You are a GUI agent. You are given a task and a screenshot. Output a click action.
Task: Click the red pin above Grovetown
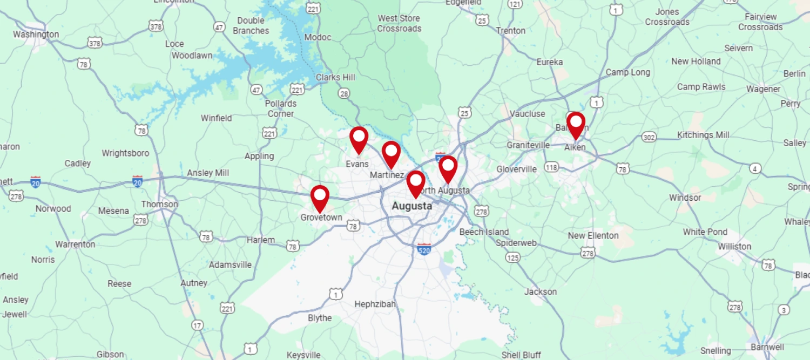(320, 197)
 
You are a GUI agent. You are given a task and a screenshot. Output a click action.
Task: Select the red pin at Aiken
(576, 124)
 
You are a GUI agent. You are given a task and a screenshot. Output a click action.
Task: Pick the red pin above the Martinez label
(391, 153)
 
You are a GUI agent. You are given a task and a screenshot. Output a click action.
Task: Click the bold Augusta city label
(411, 206)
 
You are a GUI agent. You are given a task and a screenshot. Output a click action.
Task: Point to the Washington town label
(36, 35)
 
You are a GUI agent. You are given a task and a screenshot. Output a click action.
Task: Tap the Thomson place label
(159, 204)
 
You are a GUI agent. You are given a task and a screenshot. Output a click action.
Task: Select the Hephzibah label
(375, 304)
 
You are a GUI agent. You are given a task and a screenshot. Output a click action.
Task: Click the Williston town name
(734, 246)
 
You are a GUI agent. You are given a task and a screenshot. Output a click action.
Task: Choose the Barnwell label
(767, 347)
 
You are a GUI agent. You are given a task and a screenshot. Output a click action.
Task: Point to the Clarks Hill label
(335, 77)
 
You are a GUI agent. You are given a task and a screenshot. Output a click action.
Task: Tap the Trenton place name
(510, 31)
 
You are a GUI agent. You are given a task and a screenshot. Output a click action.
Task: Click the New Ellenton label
(593, 235)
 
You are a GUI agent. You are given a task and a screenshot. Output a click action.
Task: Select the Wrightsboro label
(125, 153)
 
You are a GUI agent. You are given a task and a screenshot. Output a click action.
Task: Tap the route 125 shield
(513, 257)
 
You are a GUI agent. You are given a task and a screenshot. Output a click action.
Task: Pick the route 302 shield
(649, 138)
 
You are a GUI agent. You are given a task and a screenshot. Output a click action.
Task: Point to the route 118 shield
(551, 167)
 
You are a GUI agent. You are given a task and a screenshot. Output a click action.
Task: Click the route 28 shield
(344, 94)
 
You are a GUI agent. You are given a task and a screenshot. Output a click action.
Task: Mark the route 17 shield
(198, 325)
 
